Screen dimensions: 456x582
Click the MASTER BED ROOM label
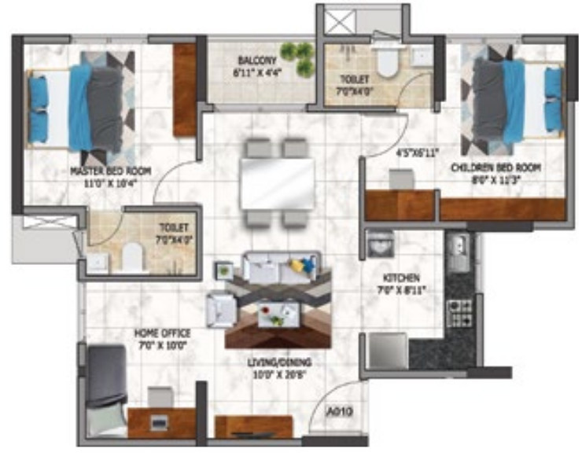[110, 171]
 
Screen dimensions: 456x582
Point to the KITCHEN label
[401, 279]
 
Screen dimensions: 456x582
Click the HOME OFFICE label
[162, 333]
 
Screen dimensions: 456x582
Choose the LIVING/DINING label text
[282, 362]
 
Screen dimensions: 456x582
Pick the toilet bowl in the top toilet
[387, 62]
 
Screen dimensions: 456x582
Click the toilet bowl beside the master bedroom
[134, 255]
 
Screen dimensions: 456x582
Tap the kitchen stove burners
[458, 312]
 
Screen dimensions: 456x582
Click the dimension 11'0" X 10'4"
[110, 182]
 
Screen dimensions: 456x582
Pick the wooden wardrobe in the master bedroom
[185, 89]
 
